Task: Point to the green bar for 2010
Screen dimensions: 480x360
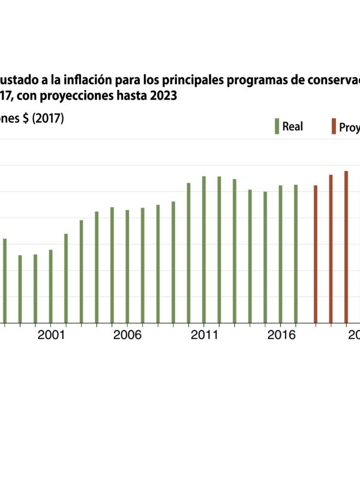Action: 188,253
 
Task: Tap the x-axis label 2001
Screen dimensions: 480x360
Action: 50,335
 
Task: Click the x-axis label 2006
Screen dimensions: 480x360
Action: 127,335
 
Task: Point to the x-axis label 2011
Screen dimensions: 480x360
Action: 204,335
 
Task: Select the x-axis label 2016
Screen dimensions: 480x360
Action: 280,335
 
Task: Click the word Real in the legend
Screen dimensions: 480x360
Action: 292,127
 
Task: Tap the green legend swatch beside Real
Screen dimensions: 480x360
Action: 277,127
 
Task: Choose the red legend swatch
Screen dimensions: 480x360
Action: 333,127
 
